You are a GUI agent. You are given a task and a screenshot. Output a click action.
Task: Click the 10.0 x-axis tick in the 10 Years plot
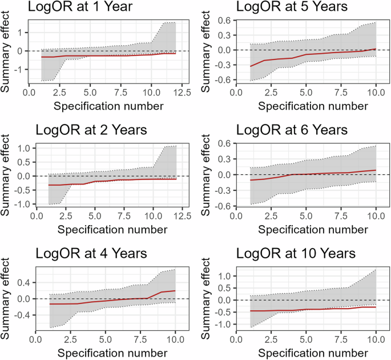point(376,339)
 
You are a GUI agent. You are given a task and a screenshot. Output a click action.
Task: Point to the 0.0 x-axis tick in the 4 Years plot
point(35,339)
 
